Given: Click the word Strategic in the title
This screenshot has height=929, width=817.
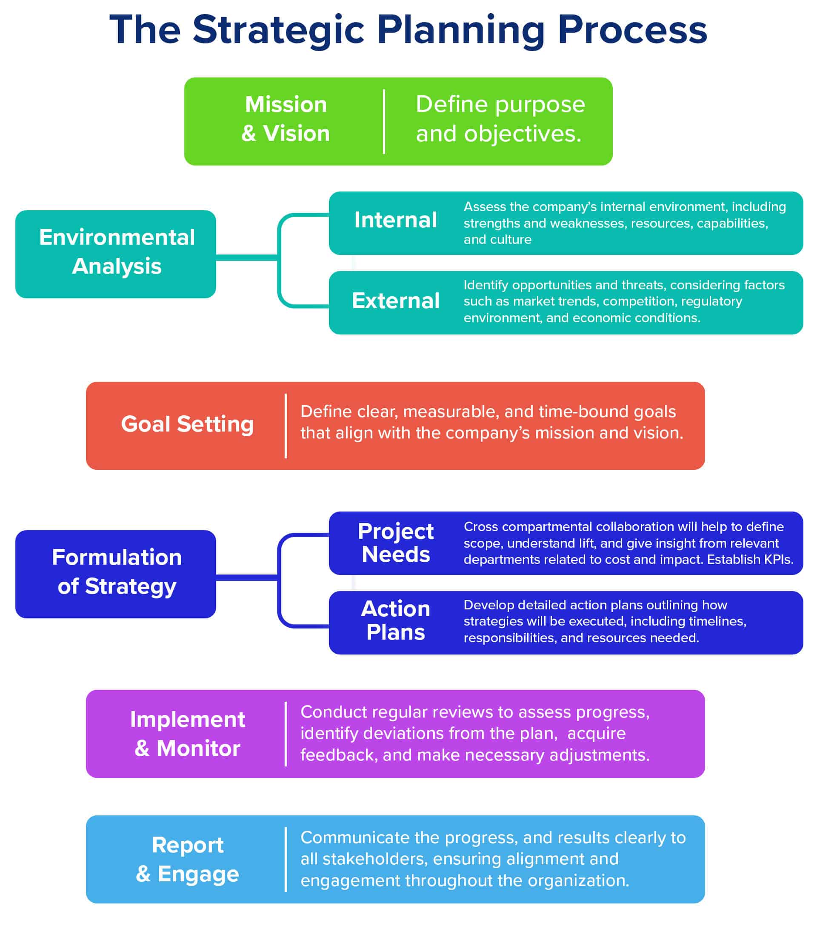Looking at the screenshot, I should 278,30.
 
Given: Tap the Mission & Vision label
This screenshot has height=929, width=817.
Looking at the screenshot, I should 286,119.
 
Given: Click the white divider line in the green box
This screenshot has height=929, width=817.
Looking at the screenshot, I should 384,122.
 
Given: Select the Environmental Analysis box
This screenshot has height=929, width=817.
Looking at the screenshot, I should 116,254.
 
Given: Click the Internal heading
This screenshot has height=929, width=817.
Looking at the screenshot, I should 395,220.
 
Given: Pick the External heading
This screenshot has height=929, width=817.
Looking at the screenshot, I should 395,301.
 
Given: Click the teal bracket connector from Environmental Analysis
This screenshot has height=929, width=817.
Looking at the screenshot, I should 279,260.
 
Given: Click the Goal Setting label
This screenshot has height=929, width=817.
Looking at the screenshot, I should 187,425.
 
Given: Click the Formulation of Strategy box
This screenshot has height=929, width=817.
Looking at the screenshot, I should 116,574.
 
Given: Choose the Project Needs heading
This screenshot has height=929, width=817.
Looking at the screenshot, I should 395,543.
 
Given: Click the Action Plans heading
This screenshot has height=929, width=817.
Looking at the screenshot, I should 395,621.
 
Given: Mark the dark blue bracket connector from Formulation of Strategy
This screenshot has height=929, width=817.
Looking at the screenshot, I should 279,580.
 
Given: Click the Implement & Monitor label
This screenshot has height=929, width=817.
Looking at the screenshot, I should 187,734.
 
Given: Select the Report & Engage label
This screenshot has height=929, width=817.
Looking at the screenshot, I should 187,860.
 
